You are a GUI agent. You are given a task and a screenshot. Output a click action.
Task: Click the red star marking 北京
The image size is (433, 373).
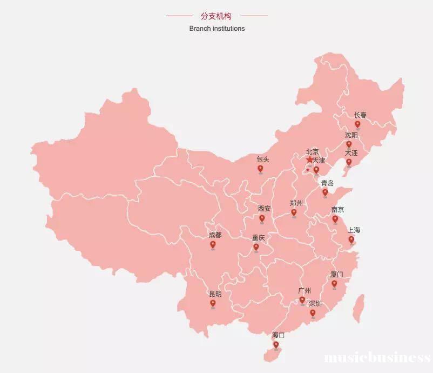(309, 160)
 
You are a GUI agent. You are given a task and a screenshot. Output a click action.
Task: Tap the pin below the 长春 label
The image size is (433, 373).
(357, 124)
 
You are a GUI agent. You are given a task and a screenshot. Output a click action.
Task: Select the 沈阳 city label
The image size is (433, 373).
(351, 135)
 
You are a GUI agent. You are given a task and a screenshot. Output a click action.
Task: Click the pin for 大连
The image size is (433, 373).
(349, 162)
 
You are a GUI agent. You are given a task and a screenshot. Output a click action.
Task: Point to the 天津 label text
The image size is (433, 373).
(319, 161)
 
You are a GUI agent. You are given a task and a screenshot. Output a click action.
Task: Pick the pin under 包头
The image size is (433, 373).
(260, 169)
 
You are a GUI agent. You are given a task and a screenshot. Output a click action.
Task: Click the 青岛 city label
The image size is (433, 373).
(327, 183)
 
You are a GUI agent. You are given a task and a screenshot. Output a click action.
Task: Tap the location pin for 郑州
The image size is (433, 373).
(294, 212)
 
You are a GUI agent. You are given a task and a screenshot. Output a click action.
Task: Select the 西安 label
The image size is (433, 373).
(264, 209)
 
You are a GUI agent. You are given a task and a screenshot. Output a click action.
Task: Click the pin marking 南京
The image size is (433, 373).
(335, 219)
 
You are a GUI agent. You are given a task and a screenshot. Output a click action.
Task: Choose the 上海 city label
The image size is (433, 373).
(354, 230)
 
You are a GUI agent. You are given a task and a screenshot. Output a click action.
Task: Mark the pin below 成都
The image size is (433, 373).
(213, 245)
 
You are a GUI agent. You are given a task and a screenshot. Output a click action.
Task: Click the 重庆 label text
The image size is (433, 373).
(259, 238)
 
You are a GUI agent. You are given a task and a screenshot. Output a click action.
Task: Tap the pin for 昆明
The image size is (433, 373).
(213, 304)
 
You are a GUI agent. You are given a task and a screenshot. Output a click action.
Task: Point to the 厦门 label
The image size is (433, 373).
(336, 275)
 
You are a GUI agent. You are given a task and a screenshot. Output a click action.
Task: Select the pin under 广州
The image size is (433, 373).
(302, 300)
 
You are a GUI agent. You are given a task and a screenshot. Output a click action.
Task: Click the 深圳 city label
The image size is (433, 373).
(315, 303)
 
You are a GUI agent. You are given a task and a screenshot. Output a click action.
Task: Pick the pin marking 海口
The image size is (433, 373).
(276, 344)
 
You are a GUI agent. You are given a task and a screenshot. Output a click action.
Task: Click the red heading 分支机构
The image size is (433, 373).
(216, 16)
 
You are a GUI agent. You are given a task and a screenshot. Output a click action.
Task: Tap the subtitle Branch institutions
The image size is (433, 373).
(216, 28)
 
